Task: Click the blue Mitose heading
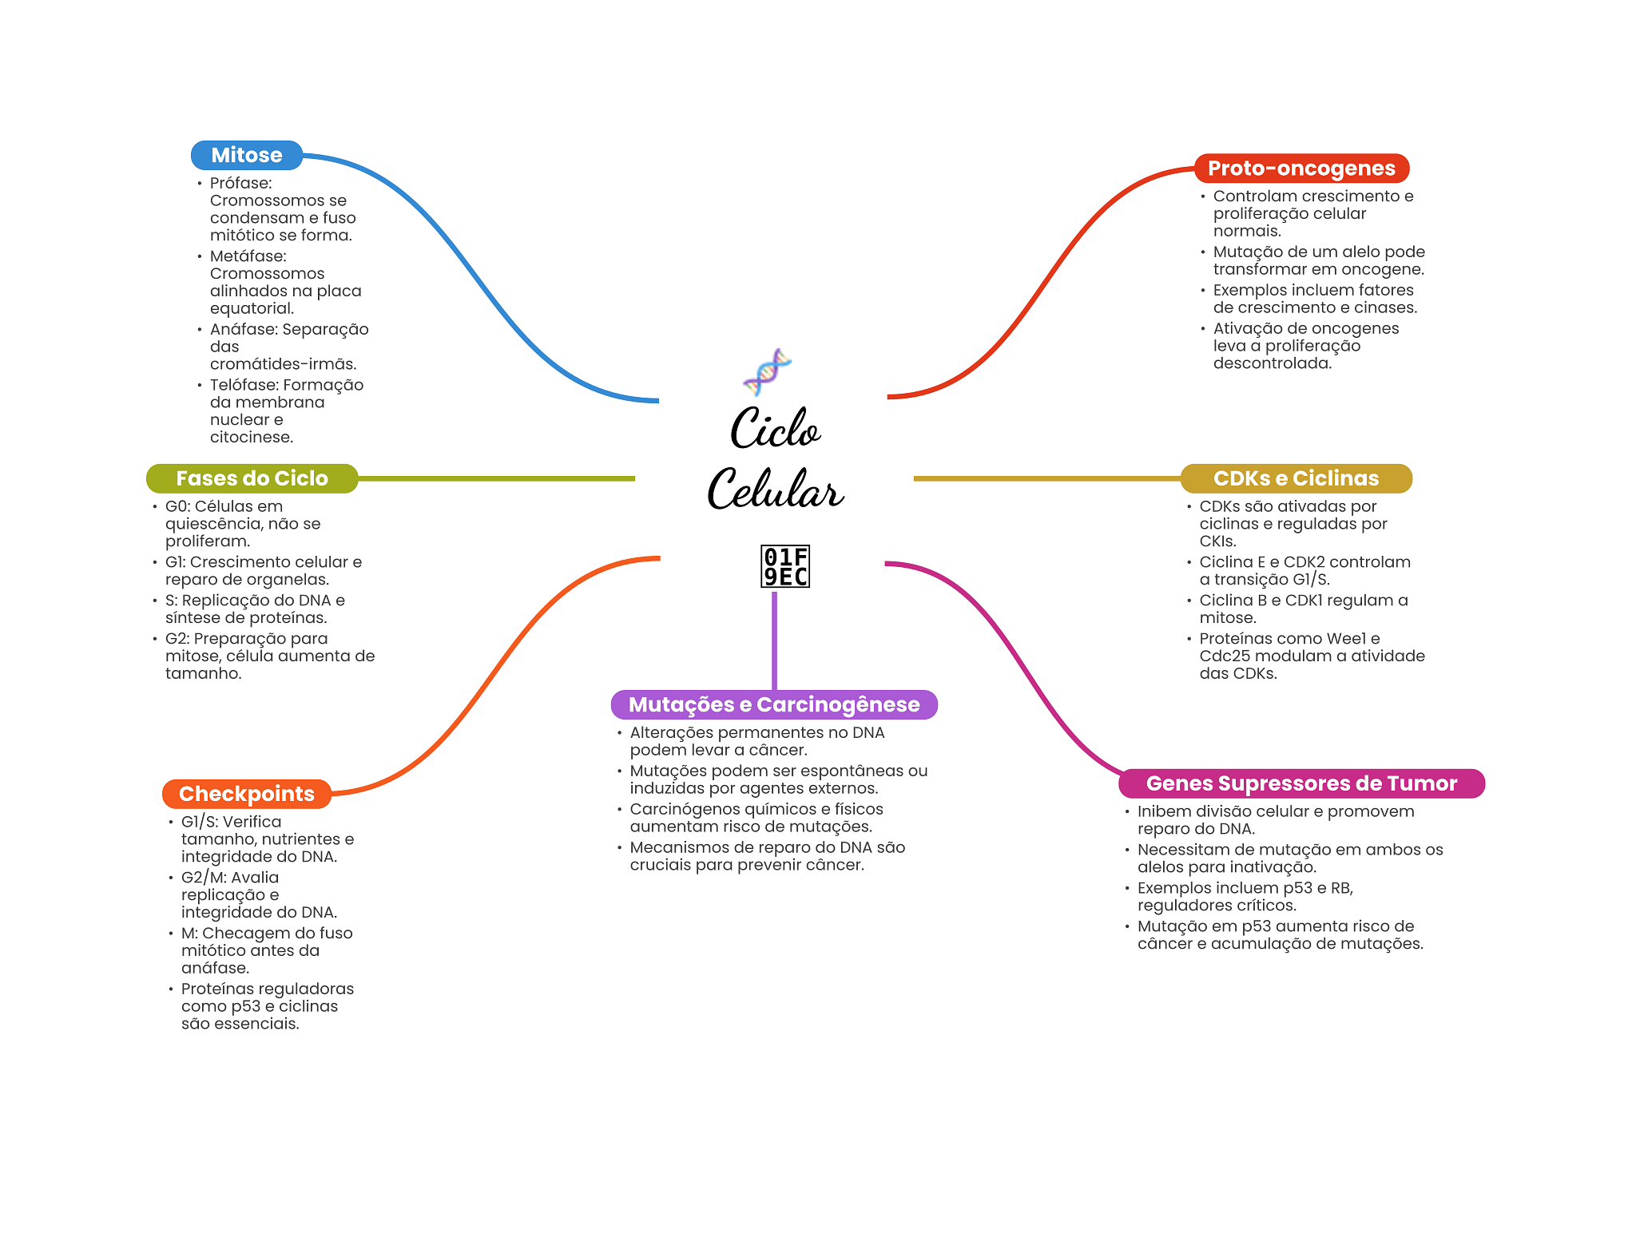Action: click(246, 155)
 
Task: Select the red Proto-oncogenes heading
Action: click(1300, 169)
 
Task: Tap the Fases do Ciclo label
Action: click(252, 478)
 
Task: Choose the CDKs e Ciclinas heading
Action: click(1296, 478)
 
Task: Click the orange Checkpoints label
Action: click(246, 794)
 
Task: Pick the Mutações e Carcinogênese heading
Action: click(773, 704)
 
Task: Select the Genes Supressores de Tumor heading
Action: click(1300, 783)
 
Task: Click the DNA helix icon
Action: click(767, 372)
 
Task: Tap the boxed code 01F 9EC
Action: click(785, 566)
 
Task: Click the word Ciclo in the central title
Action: click(775, 430)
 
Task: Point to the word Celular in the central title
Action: click(775, 489)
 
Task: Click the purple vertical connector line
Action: click(774, 639)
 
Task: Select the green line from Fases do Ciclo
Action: click(495, 478)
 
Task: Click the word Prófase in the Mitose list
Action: click(240, 184)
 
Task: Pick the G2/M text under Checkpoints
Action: click(204, 878)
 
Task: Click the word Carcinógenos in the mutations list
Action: click(680, 810)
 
